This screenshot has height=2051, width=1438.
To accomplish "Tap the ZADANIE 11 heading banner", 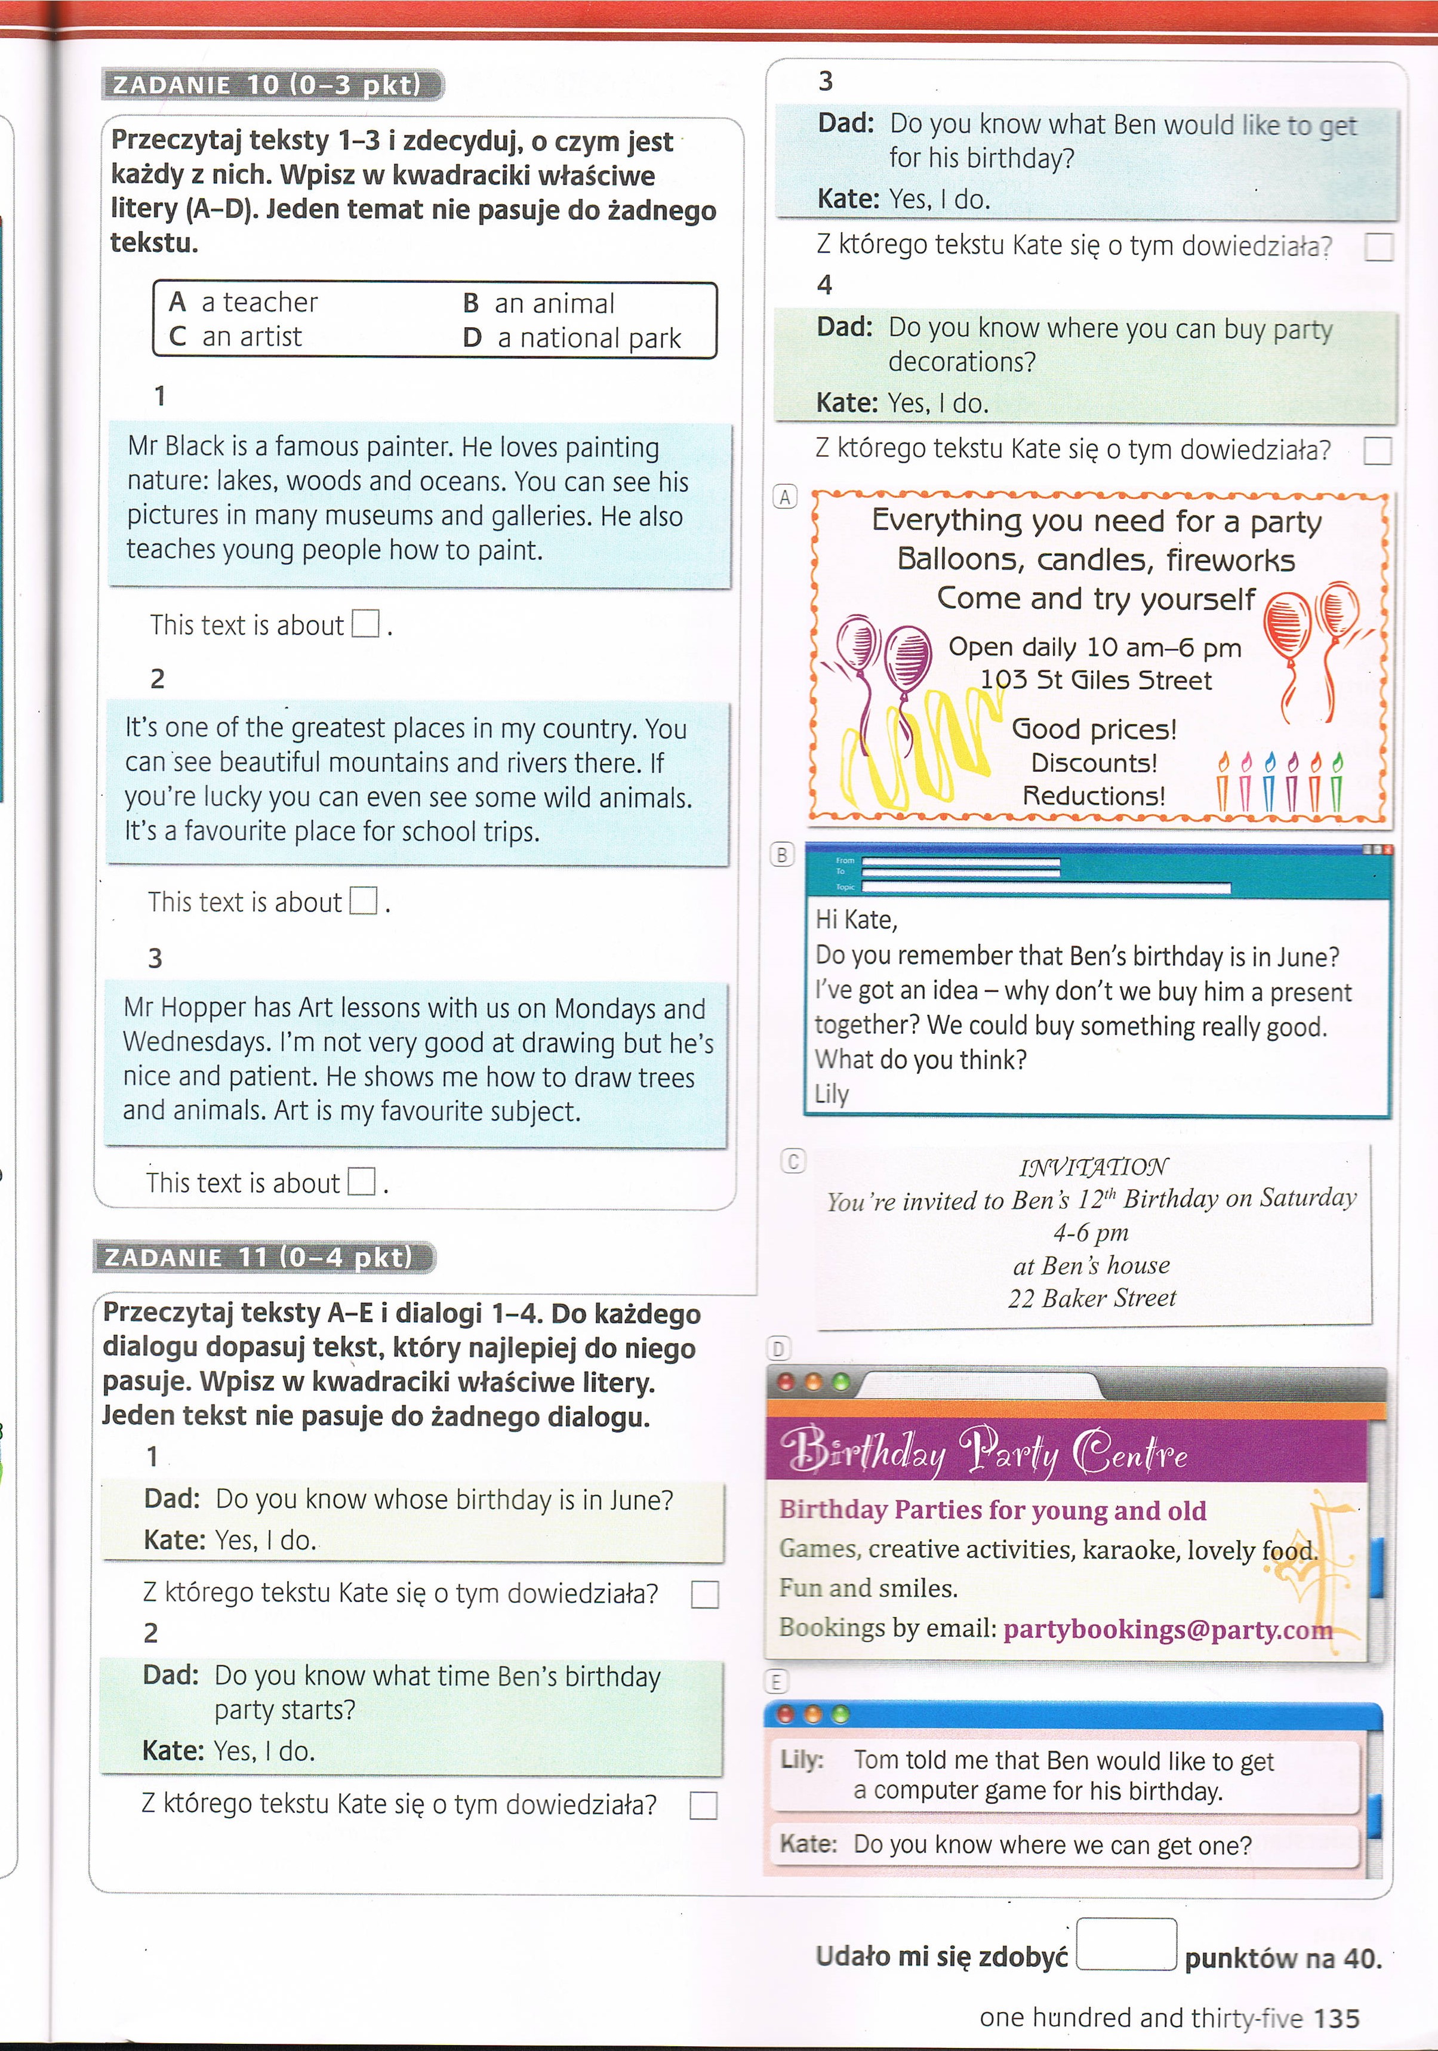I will [x=263, y=1257].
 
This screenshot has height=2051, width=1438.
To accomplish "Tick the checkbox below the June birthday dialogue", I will [x=705, y=1594].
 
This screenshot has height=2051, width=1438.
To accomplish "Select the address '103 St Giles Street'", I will [x=1096, y=680].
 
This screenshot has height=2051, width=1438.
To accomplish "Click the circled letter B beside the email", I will [x=781, y=855].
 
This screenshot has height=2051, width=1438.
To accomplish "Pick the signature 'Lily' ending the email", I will [x=832, y=1094].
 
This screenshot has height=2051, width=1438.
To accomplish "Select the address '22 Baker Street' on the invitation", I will [x=1092, y=1298].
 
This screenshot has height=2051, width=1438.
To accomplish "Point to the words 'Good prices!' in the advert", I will [x=1094, y=729].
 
